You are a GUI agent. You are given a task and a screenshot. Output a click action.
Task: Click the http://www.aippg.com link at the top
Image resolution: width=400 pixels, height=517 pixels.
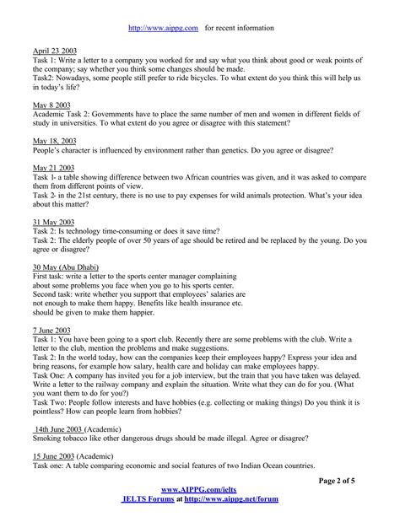point(163,28)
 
